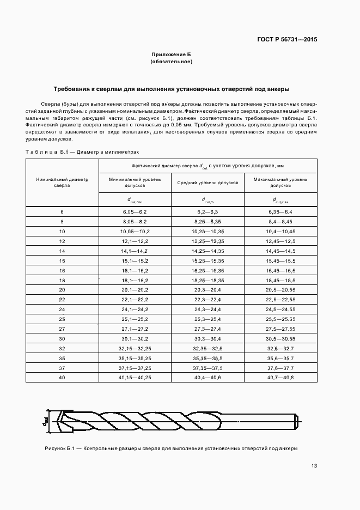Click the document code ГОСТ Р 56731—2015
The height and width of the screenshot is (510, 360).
(288, 39)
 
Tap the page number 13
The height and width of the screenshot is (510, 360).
(314, 466)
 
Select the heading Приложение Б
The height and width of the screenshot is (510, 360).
(171, 55)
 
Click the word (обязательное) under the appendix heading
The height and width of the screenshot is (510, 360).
(171, 62)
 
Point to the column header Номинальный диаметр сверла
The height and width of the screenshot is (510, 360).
(62, 182)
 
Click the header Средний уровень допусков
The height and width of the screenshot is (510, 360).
(208, 182)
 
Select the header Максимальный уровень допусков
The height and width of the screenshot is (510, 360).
(280, 182)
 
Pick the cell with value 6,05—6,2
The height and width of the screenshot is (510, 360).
(135, 211)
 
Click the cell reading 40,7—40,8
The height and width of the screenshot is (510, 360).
(280, 377)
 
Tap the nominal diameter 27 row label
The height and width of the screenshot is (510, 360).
(62, 330)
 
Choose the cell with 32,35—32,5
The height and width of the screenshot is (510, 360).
(208, 349)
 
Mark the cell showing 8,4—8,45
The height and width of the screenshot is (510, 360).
(280, 221)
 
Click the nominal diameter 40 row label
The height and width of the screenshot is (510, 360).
(62, 377)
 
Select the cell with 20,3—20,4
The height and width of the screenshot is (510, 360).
(208, 289)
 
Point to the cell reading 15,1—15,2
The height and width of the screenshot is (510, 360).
(135, 260)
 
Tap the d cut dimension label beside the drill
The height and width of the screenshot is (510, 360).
(46, 422)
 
